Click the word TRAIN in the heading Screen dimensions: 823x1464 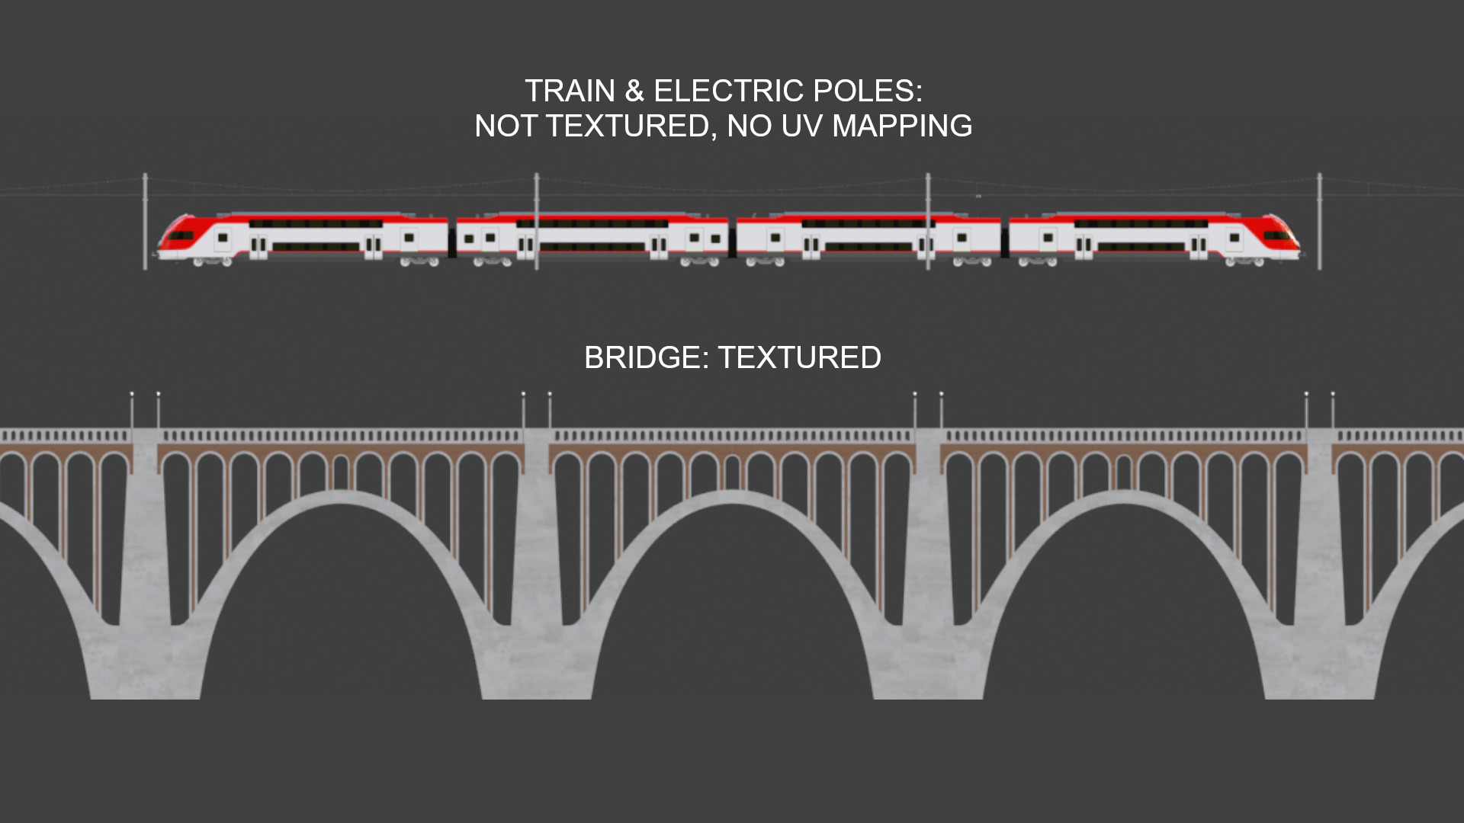pyautogui.click(x=570, y=91)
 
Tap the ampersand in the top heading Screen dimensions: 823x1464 pyautogui.click(x=634, y=91)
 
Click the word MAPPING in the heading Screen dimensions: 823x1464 pyautogui.click(x=902, y=126)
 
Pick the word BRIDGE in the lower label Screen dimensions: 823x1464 pyautogui.click(x=645, y=358)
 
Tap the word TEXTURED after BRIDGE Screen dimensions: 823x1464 pyautogui.click(x=799, y=358)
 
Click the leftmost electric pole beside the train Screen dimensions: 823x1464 pyautogui.click(x=145, y=221)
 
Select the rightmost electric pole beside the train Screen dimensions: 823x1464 pyautogui.click(x=1320, y=221)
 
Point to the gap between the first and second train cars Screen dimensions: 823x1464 pyautogui.click(x=452, y=240)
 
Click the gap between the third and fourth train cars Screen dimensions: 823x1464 pyautogui.click(x=1005, y=240)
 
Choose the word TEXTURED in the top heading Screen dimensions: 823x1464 pyautogui.click(x=631, y=126)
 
